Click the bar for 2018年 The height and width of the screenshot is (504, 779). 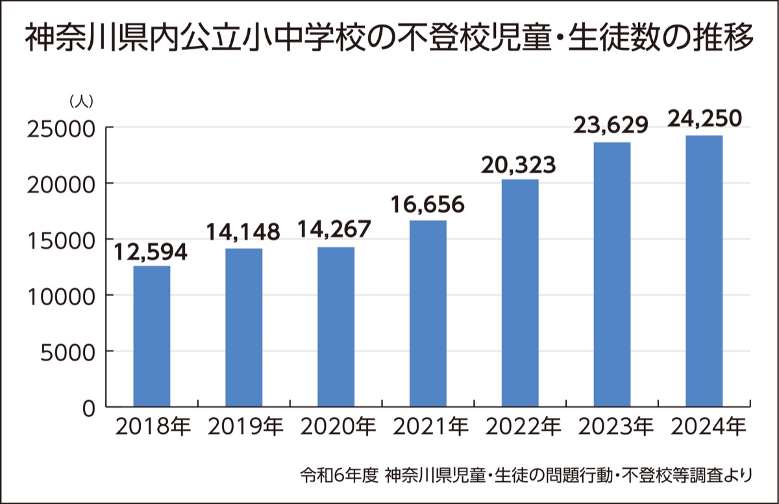click(x=152, y=336)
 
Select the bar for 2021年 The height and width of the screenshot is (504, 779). click(x=428, y=314)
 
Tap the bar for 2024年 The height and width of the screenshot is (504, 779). click(x=704, y=271)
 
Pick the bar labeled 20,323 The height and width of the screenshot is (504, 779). click(x=520, y=294)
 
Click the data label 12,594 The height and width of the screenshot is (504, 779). click(x=151, y=253)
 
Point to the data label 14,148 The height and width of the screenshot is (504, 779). click(x=243, y=233)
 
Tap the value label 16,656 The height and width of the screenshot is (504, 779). click(x=428, y=205)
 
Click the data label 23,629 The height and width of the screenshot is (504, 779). click(x=611, y=125)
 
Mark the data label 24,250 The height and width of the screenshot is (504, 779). click(x=704, y=119)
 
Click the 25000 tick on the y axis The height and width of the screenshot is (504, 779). click(x=62, y=128)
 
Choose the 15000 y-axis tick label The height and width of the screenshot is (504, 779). click(x=62, y=240)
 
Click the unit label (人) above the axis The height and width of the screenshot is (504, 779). click(x=82, y=102)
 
